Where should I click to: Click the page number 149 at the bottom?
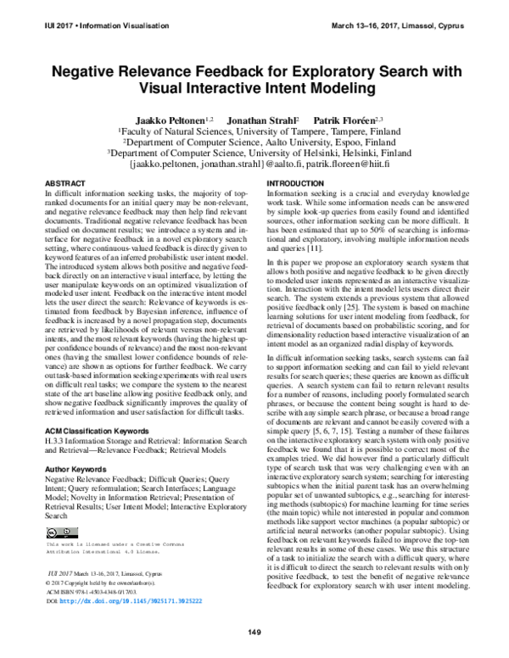click(254, 633)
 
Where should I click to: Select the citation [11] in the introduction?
click(320, 248)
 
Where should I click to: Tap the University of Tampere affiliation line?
click(254, 133)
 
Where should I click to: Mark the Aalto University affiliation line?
click(254, 143)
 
